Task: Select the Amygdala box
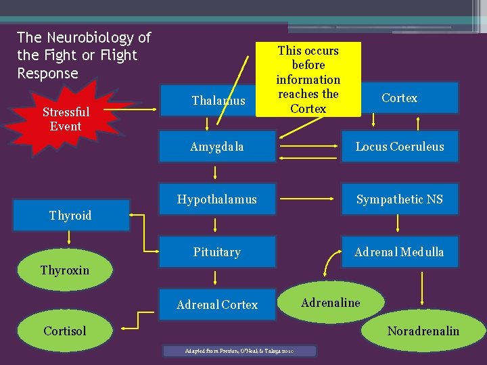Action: click(217, 147)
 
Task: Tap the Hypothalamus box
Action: click(217, 199)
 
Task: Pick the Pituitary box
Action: click(217, 252)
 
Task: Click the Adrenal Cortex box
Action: click(217, 305)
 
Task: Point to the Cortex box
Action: click(399, 98)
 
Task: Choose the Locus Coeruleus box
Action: click(400, 147)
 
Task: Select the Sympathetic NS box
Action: click(400, 199)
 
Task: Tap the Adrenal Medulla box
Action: click(400, 252)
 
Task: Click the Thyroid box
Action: click(70, 216)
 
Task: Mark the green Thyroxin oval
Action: click(65, 270)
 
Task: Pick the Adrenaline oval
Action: click(331, 303)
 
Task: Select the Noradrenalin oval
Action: click(423, 331)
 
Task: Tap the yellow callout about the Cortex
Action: click(308, 79)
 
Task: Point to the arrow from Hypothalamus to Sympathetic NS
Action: click(308, 199)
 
